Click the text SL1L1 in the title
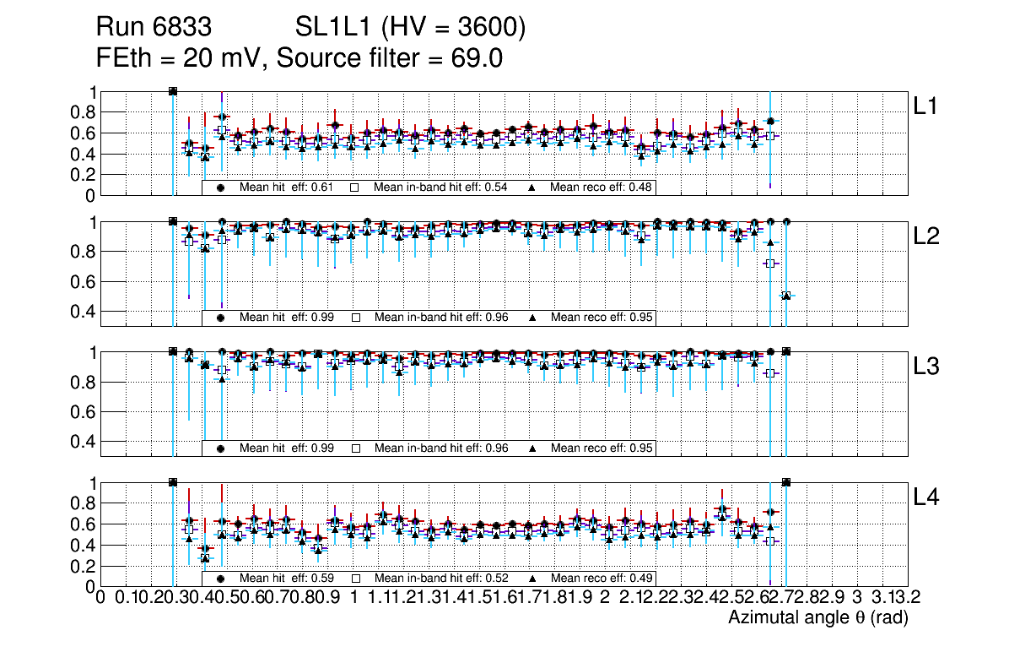pos(332,29)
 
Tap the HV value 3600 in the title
pos(489,29)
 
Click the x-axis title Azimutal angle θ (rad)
pos(817,618)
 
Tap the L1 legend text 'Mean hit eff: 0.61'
pos(287,187)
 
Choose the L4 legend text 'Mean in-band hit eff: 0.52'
pos(440,579)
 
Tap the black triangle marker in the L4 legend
pos(533,579)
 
